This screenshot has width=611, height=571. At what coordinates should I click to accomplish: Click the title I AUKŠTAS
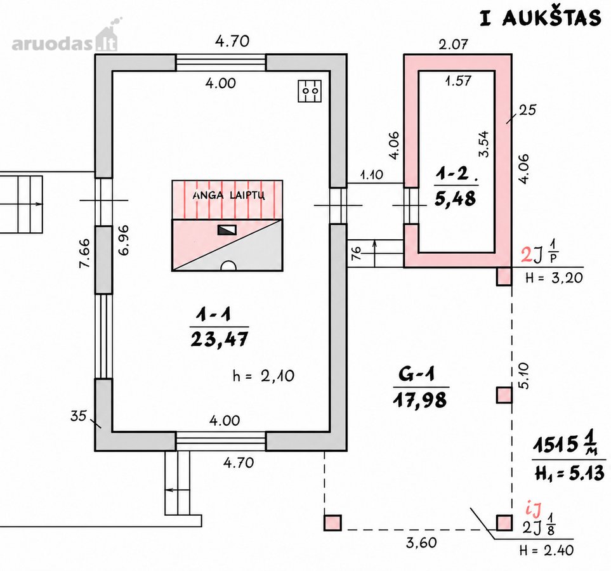click(541, 18)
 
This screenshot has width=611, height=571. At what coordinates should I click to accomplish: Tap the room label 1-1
click(214, 314)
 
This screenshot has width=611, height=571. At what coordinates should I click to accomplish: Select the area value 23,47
click(219, 339)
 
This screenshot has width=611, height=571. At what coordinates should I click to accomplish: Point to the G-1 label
click(417, 374)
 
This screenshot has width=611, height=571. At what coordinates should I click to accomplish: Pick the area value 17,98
click(420, 400)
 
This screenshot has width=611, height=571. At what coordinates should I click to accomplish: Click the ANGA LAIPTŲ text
click(229, 195)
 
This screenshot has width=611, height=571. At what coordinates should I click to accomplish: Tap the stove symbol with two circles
click(310, 91)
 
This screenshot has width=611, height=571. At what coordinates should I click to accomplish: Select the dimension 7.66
click(84, 253)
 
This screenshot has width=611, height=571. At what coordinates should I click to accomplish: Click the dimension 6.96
click(124, 240)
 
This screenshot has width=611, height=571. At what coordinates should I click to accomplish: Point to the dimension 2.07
click(453, 44)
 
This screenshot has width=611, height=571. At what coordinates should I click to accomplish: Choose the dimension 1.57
click(458, 81)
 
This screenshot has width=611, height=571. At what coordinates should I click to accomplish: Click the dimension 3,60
click(421, 542)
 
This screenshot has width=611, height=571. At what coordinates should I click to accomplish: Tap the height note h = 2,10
click(263, 376)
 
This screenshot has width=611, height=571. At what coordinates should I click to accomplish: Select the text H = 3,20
click(554, 278)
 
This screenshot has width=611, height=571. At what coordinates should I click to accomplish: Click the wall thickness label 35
click(78, 416)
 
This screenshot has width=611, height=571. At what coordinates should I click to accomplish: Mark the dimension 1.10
click(372, 174)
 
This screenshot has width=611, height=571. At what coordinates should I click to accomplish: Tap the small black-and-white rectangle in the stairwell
click(227, 230)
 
